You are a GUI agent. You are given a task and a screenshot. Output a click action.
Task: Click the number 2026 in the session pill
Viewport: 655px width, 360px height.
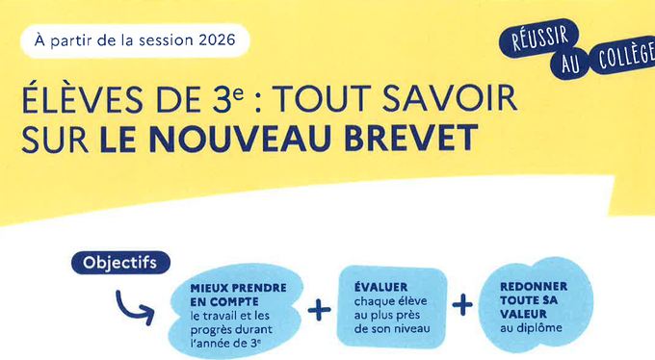[218, 40]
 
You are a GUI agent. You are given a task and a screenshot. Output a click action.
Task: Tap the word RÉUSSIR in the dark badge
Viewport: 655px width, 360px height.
[539, 38]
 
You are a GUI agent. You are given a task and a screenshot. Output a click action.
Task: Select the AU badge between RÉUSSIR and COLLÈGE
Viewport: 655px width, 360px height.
[570, 64]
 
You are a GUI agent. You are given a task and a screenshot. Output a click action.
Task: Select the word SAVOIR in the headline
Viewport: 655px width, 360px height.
[450, 99]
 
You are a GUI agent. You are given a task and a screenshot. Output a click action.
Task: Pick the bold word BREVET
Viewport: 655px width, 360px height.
[411, 138]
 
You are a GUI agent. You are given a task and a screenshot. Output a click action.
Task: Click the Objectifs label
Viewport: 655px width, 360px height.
[119, 263]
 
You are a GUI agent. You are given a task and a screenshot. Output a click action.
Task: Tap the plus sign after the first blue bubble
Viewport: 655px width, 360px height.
[319, 310]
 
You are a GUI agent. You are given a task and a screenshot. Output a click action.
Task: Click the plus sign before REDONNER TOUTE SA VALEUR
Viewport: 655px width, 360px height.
[462, 304]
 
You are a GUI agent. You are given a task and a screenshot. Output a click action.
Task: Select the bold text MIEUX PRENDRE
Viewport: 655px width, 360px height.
[238, 288]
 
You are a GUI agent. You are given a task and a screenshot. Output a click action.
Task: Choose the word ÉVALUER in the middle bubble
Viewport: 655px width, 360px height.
[381, 287]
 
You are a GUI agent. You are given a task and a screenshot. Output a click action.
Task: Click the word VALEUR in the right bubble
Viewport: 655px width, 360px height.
[523, 314]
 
